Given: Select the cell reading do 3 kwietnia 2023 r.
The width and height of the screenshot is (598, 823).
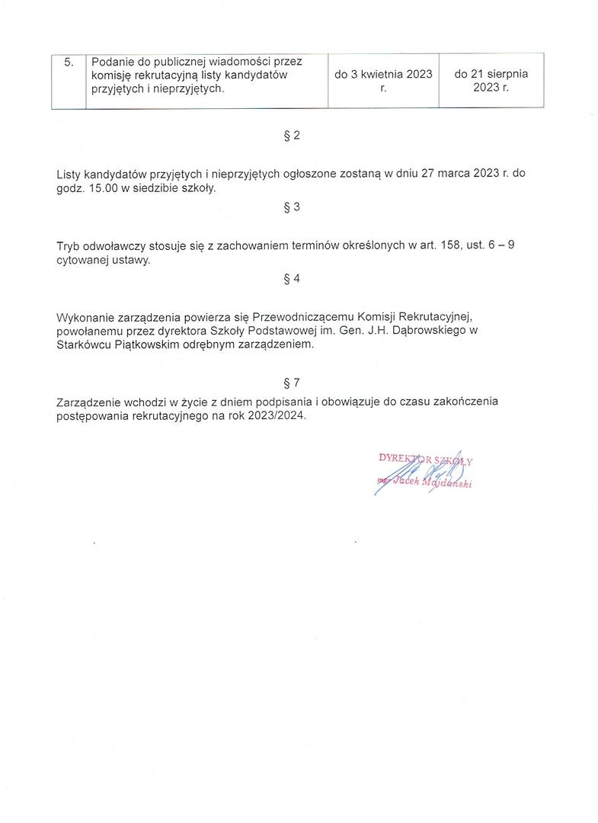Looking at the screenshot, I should point(383,81).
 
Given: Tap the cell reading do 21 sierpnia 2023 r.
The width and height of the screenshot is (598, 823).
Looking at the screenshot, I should point(491,81).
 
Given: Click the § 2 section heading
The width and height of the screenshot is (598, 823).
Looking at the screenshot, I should point(291,136).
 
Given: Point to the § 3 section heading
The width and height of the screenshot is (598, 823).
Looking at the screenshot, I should point(291,207).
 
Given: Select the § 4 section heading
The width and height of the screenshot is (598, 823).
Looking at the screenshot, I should point(291,279).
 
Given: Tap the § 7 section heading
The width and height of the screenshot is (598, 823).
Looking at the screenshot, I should point(291,383).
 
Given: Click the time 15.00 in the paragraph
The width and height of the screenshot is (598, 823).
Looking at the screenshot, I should point(104,188).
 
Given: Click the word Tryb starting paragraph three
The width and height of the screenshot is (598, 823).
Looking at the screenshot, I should point(69,246).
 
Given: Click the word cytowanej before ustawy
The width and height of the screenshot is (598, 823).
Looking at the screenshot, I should point(83,260).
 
